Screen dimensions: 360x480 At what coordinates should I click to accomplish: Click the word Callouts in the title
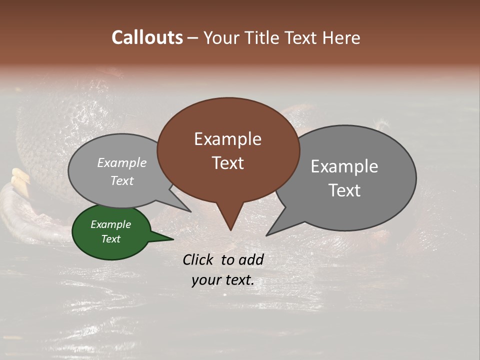(x=147, y=37)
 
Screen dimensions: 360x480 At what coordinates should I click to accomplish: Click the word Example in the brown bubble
(x=227, y=139)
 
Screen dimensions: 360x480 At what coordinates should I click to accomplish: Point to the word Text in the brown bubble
(x=227, y=163)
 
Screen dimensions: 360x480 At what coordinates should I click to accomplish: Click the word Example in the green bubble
(x=111, y=224)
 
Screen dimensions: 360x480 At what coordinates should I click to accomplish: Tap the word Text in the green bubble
(x=111, y=239)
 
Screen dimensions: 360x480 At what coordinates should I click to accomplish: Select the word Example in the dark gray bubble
(x=344, y=166)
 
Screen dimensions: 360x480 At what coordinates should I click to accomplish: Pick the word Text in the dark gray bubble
(x=344, y=190)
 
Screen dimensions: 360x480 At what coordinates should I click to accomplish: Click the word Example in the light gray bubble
(x=122, y=163)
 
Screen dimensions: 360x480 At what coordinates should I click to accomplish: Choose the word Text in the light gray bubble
(x=122, y=180)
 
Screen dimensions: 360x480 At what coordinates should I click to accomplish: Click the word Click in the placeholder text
(x=198, y=259)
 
